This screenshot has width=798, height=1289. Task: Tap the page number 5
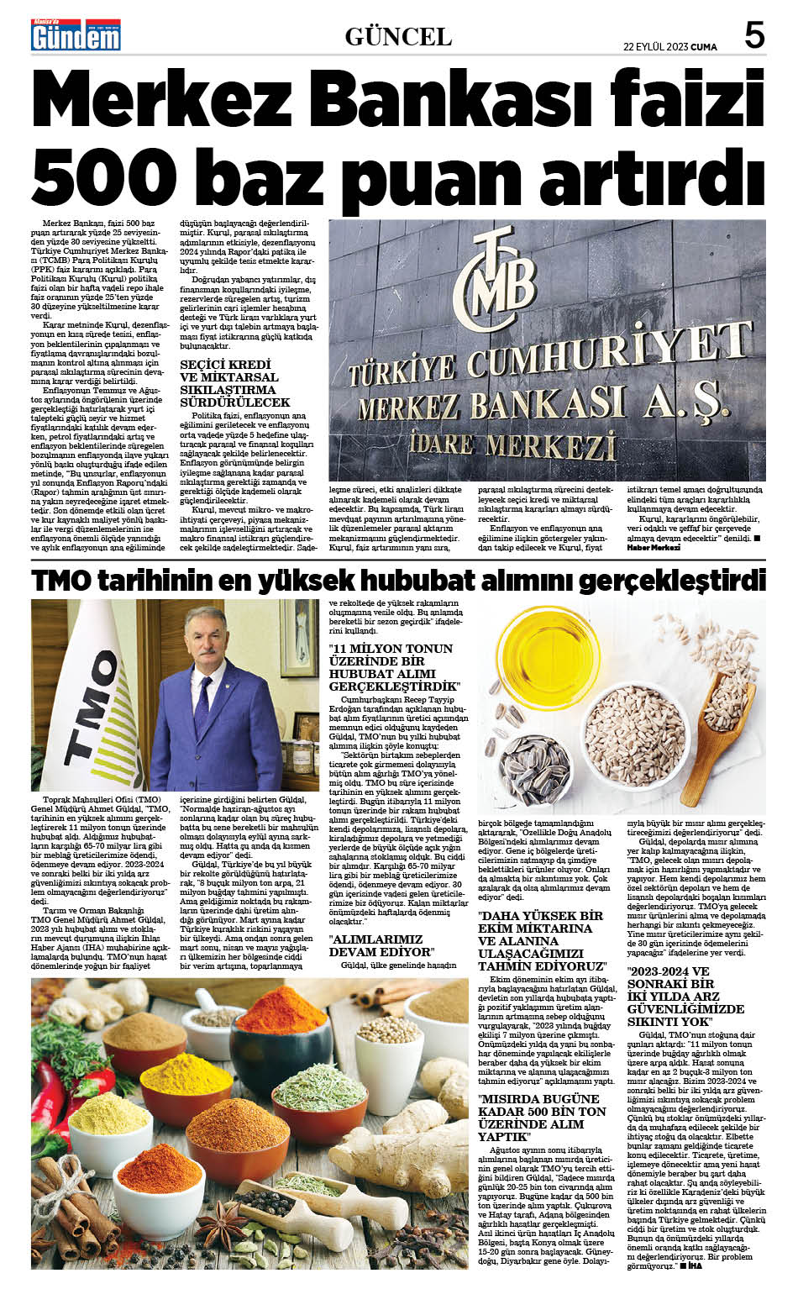pos(754,35)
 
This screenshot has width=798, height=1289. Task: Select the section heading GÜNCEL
pos(398,37)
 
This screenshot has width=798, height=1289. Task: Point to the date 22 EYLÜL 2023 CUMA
pos(669,47)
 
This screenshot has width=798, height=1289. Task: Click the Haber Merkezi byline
pos(653,548)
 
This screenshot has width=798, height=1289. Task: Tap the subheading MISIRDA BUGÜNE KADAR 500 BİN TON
pos(542,1118)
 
